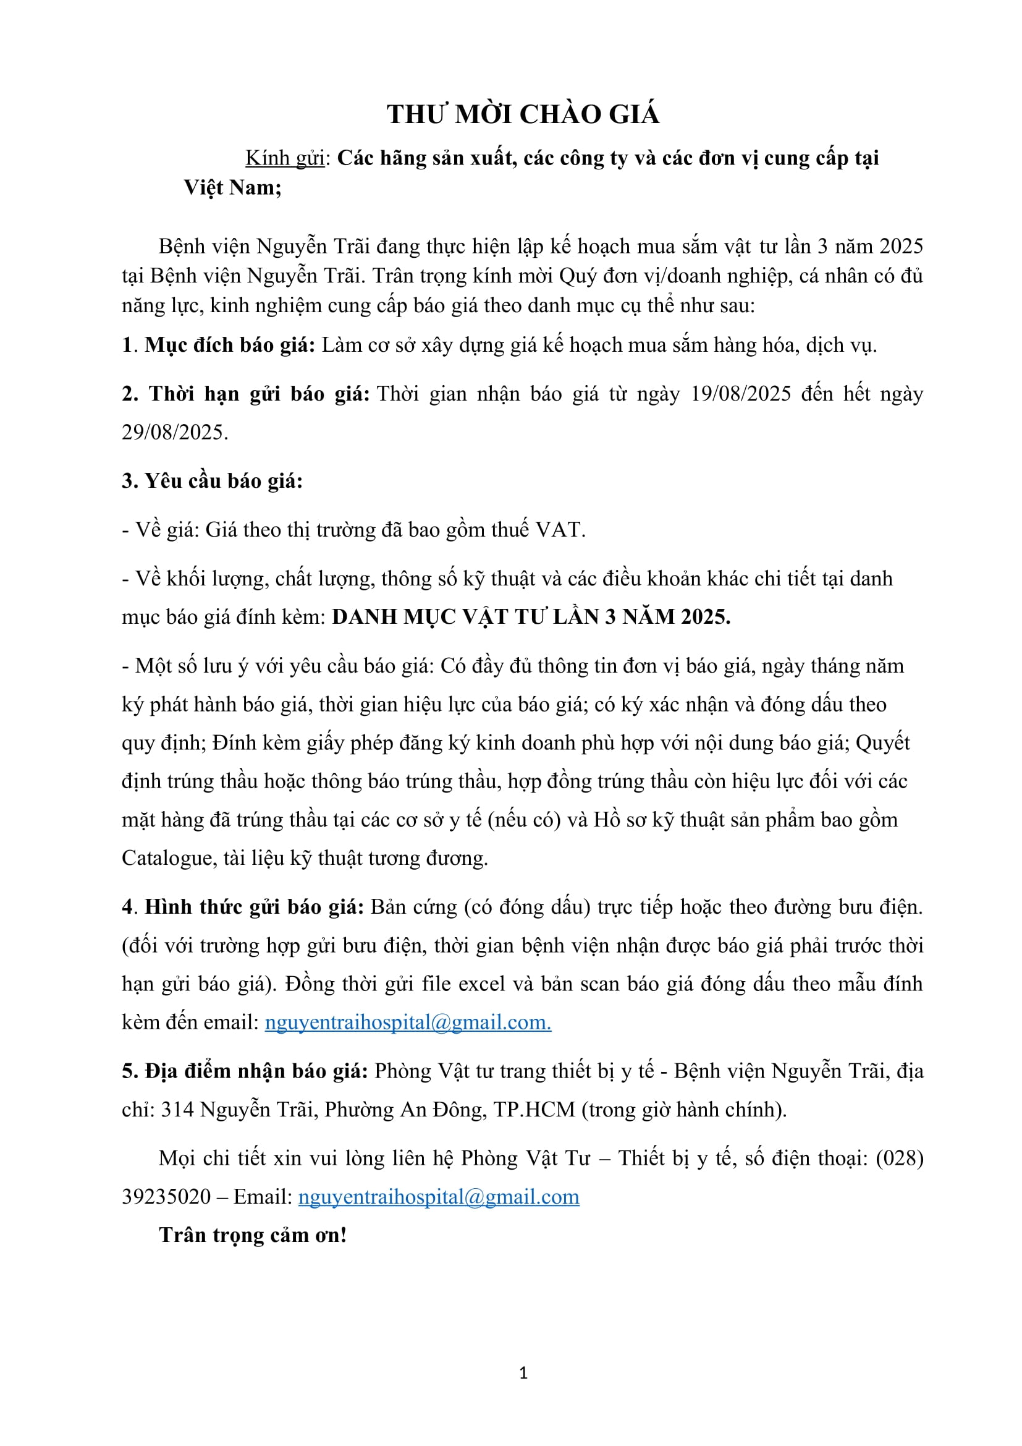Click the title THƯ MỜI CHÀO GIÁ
(x=523, y=114)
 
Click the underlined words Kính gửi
(x=284, y=158)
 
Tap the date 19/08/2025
(x=741, y=394)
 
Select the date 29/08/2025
(x=174, y=433)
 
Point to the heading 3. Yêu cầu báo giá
(x=212, y=481)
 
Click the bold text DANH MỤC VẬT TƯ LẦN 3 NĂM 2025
(x=531, y=616)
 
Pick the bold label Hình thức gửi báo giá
(x=254, y=907)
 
